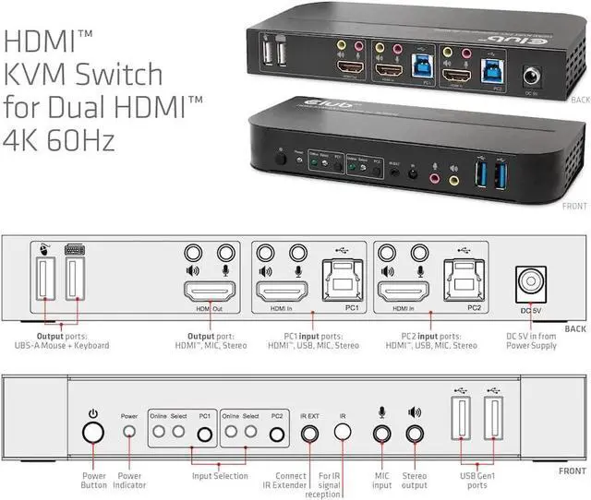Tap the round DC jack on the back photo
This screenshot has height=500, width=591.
[532, 77]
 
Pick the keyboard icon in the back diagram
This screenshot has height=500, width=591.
[73, 249]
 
